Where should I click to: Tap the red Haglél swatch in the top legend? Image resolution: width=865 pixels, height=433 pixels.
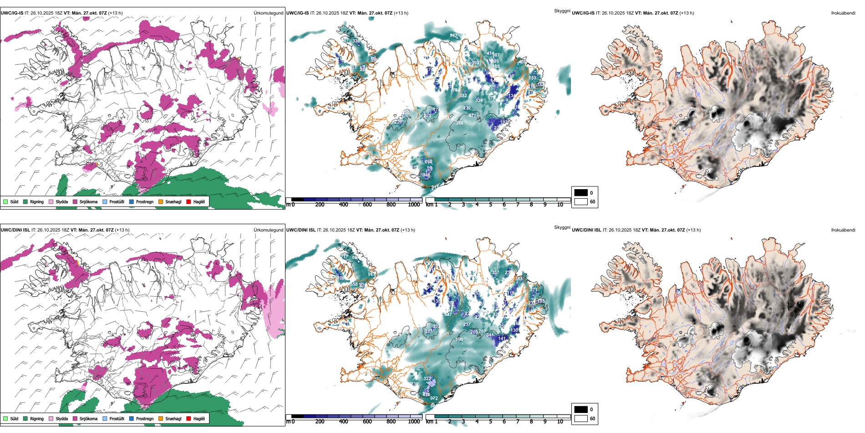point(189,201)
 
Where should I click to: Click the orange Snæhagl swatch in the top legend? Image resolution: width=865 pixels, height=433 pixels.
point(161,201)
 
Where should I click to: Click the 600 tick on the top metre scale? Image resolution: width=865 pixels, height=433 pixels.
point(367,205)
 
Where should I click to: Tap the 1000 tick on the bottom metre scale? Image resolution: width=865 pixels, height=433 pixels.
point(414,422)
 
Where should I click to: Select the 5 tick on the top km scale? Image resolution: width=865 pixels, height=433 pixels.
point(490,205)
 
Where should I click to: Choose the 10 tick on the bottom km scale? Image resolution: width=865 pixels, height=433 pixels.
point(560,422)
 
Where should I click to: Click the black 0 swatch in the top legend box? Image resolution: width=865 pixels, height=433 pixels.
point(581,193)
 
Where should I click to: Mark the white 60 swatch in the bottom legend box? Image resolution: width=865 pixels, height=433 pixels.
point(581,418)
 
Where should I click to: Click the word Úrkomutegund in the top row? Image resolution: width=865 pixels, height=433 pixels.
point(268,13)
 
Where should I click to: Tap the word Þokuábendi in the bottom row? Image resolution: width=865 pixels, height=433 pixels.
point(843,230)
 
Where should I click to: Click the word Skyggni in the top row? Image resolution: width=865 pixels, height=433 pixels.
point(562,10)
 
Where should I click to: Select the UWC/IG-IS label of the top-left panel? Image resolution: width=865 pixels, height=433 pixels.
point(11,13)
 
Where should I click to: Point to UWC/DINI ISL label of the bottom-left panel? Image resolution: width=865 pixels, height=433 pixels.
point(15,230)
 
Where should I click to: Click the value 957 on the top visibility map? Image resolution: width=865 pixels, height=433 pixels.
point(453,36)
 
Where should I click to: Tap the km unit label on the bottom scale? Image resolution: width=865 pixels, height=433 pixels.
point(429,422)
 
